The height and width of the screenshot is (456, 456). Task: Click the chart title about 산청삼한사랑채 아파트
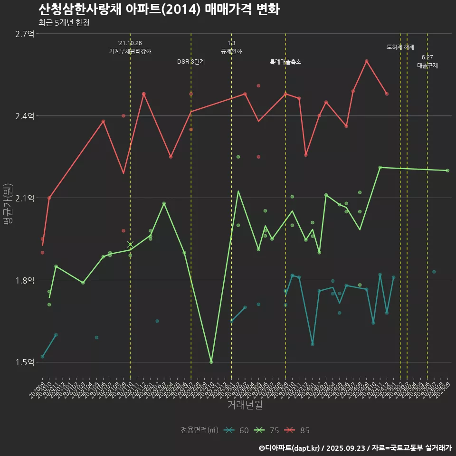click(x=159, y=9)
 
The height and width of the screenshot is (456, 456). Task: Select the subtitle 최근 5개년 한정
click(x=64, y=22)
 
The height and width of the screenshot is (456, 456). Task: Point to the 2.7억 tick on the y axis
click(x=25, y=34)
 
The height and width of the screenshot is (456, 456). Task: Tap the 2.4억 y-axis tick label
click(x=25, y=116)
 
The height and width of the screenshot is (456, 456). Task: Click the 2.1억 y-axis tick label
click(x=25, y=198)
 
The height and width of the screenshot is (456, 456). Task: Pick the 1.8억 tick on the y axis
click(x=25, y=280)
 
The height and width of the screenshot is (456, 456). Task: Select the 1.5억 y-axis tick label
click(x=25, y=362)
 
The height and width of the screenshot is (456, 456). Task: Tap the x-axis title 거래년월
click(x=245, y=405)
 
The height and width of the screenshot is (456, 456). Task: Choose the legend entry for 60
click(x=237, y=430)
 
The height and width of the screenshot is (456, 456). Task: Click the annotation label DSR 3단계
click(x=191, y=62)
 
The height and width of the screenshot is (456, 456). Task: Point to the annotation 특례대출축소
click(x=285, y=62)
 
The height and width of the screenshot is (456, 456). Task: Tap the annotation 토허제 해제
click(x=400, y=47)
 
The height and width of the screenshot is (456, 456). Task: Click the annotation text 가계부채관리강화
click(x=130, y=51)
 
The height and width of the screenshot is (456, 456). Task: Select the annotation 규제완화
click(x=231, y=51)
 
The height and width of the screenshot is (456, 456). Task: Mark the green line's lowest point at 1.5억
click(x=211, y=362)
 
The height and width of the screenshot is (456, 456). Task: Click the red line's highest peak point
click(x=367, y=61)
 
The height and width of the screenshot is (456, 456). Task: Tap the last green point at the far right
click(x=447, y=171)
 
